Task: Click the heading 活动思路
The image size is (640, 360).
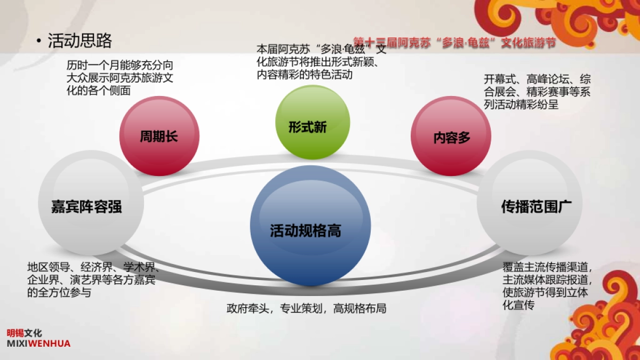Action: coord(79,41)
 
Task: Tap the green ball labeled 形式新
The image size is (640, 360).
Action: coord(313,122)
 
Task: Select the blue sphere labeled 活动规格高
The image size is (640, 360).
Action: coord(310,226)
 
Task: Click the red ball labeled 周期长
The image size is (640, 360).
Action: coord(159,136)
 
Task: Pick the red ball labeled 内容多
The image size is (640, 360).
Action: coord(451,136)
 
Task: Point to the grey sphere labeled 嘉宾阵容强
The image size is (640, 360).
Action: coord(91,203)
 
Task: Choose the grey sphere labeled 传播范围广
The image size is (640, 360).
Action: coord(530,203)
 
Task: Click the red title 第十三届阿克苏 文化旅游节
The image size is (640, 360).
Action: coord(454,43)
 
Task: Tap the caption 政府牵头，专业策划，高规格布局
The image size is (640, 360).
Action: coord(306,309)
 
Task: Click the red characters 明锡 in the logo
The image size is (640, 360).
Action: coord(15,333)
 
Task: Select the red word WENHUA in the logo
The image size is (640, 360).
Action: coord(50,343)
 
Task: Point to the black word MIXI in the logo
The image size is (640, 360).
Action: coord(18,343)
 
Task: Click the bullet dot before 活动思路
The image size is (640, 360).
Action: coord(39,41)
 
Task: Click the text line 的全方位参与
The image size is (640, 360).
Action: coord(59,293)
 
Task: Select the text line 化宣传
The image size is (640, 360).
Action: coord(518,305)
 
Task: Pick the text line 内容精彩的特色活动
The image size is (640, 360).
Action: coord(305,75)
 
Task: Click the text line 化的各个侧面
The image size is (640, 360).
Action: coord(99,91)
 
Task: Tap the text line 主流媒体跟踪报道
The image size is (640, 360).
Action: coord(547,280)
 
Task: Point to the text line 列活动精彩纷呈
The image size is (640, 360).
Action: coord(521,105)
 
